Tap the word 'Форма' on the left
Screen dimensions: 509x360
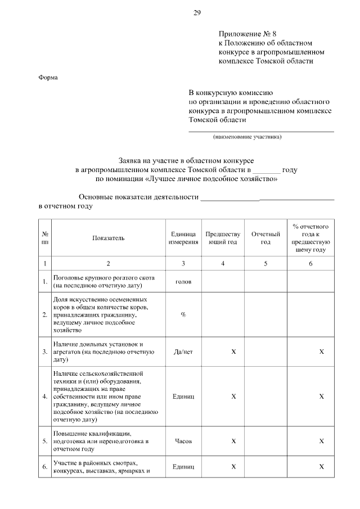pyautogui.click(x=48, y=78)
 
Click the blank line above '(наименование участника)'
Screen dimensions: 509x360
pyautogui.click(x=260, y=130)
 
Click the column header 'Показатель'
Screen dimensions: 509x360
pyautogui.click(x=109, y=238)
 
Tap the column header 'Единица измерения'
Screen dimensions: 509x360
pyautogui.click(x=183, y=238)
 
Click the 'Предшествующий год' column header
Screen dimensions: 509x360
pyautogui.click(x=223, y=238)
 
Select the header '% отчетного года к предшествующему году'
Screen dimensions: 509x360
pyautogui.click(x=310, y=238)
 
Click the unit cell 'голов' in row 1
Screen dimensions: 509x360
pyautogui.click(x=183, y=281)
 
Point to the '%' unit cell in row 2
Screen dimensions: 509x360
pyautogui.click(x=183, y=314)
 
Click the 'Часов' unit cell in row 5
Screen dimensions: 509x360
pyautogui.click(x=183, y=442)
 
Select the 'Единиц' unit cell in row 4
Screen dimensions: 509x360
pyautogui.click(x=183, y=397)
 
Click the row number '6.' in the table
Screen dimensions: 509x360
pyautogui.click(x=44, y=467)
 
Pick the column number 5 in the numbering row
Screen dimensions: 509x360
pyautogui.click(x=265, y=263)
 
